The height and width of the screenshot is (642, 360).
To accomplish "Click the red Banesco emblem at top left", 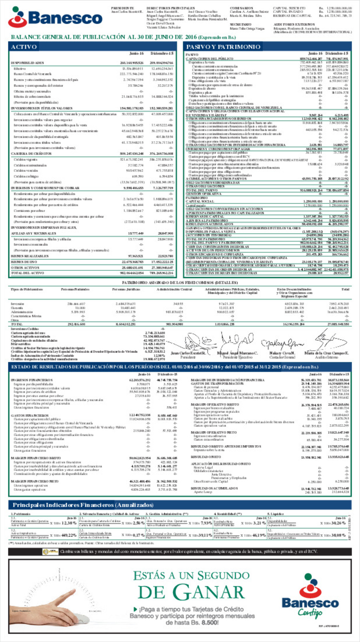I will coord(17,17).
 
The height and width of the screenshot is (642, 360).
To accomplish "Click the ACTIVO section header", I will coord(24,47).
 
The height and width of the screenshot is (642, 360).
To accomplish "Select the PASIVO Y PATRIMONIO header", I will coord(223,47).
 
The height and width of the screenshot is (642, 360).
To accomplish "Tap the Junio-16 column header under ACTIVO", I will coord(136,53).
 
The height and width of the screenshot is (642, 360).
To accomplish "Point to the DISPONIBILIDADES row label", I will coord(27,63).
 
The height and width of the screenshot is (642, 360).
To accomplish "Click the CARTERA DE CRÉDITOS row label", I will coord(31,153).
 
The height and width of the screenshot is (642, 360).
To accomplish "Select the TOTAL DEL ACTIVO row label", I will coord(27,273).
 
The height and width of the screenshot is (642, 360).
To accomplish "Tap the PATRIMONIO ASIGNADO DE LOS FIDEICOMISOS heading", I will coord(180,283).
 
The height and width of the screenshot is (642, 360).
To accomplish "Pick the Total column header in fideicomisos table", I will coord(345,289).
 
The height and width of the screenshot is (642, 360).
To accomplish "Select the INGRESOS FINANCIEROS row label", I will coord(31,380).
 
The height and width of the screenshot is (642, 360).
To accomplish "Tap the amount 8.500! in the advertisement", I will coord(210,623).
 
